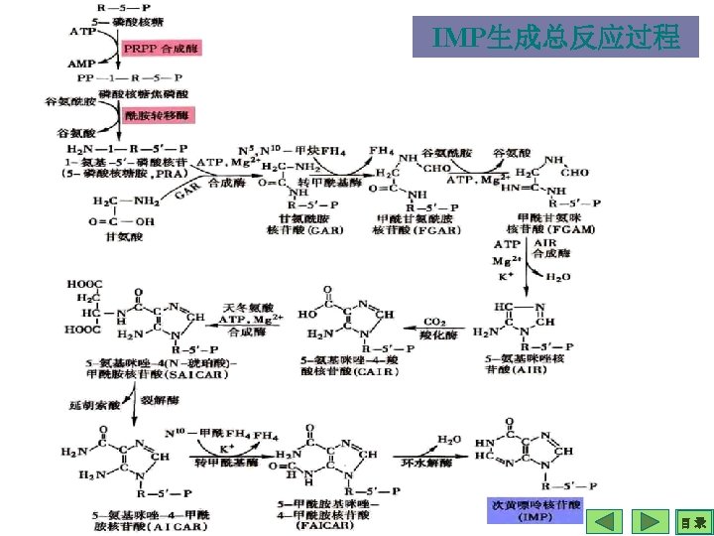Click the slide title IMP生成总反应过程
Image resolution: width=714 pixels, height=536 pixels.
pyautogui.click(x=556, y=38)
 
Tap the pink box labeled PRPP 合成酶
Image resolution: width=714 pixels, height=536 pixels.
pyautogui.click(x=160, y=47)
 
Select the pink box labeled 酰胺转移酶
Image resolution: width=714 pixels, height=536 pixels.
pyautogui.click(x=160, y=115)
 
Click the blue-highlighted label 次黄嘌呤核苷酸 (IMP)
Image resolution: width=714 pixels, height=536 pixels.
pyautogui.click(x=535, y=511)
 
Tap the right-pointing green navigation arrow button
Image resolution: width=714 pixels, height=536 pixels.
pyautogui.click(x=650, y=521)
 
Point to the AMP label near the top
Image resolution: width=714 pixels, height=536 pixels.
pyautogui.click(x=81, y=63)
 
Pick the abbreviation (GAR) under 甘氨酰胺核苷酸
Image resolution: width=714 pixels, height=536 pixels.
pyautogui.click(x=297, y=229)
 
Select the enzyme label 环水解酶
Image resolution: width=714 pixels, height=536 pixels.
pyautogui.click(x=425, y=463)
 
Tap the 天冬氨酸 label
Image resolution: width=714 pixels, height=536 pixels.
pyautogui.click(x=248, y=307)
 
